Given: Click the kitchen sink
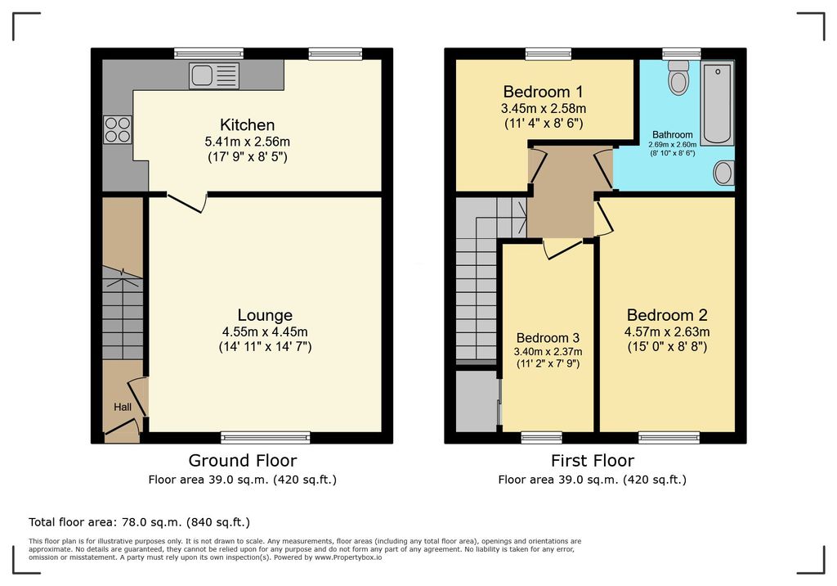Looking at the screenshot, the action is tap(214, 75).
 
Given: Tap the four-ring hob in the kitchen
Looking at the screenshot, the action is tap(118, 129).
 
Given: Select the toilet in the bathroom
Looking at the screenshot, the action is tap(678, 78).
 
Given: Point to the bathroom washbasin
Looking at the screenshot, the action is tap(724, 173).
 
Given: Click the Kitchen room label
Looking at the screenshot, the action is tap(247, 125).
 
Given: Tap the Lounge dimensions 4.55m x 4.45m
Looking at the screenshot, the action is tap(265, 331).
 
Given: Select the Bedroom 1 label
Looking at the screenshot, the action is tap(543, 92).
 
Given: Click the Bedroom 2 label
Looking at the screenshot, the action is tap(667, 315).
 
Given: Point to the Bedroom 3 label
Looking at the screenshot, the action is tap(548, 338).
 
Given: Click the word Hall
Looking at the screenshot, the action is tap(123, 408).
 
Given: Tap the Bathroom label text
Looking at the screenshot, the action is tap(673, 135).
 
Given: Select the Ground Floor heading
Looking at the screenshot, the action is tap(242, 460).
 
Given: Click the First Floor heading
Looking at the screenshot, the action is tap(593, 460).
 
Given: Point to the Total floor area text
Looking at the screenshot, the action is tap(139, 522).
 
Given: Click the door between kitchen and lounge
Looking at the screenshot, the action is tap(186, 202).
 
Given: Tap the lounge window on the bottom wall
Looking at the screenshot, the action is tap(266, 437).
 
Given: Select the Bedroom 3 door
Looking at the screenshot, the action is tap(562, 249).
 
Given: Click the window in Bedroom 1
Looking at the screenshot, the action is tap(548, 54).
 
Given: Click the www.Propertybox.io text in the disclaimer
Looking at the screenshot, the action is tap(348, 557).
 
